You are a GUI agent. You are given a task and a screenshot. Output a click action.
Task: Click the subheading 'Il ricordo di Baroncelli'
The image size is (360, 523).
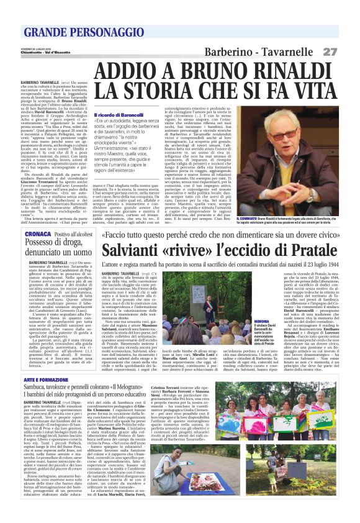pos(117,115)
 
